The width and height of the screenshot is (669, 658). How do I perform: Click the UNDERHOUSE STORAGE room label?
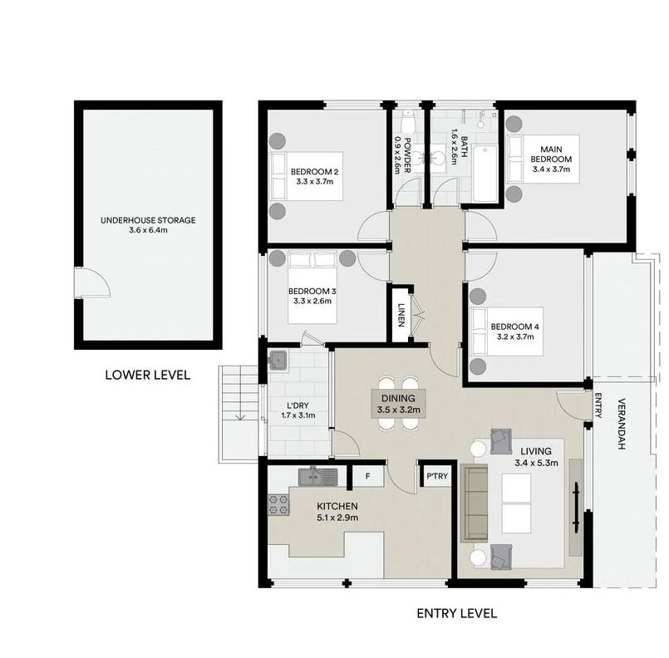[x=148, y=220]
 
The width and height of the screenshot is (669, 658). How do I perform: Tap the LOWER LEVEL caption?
[x=147, y=375]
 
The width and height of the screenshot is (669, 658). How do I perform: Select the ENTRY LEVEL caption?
[x=456, y=614]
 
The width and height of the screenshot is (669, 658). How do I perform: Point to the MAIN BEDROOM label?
[x=551, y=153]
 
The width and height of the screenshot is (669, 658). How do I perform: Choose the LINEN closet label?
[x=401, y=315]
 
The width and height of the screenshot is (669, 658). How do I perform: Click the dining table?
[x=397, y=404]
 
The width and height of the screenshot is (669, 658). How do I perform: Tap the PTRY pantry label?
[x=435, y=478]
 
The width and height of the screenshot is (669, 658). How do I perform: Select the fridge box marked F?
[x=367, y=476]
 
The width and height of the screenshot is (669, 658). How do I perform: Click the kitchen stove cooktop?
[x=278, y=504]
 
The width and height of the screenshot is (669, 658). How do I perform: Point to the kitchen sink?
[x=317, y=476]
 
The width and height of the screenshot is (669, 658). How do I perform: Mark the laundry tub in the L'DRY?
[x=278, y=361]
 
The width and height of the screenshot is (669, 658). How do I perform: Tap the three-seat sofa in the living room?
[x=475, y=503]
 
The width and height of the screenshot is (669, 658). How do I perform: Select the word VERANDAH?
[x=622, y=425]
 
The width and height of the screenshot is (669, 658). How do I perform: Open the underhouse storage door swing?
[x=91, y=283]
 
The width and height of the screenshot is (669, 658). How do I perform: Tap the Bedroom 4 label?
[x=514, y=327]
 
